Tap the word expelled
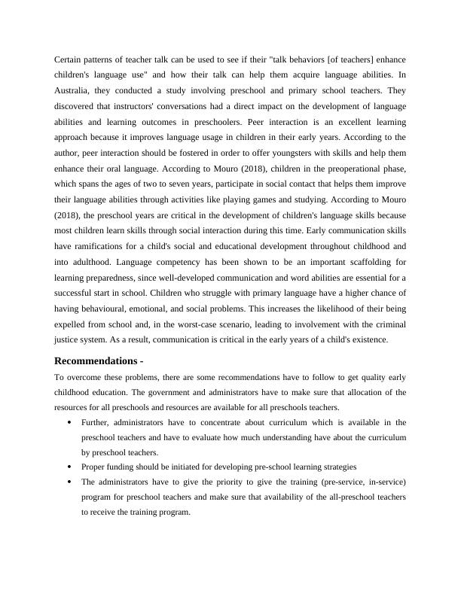[75, 324]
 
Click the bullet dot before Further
[69, 423]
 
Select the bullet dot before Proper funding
[69, 467]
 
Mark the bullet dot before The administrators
[69, 482]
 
